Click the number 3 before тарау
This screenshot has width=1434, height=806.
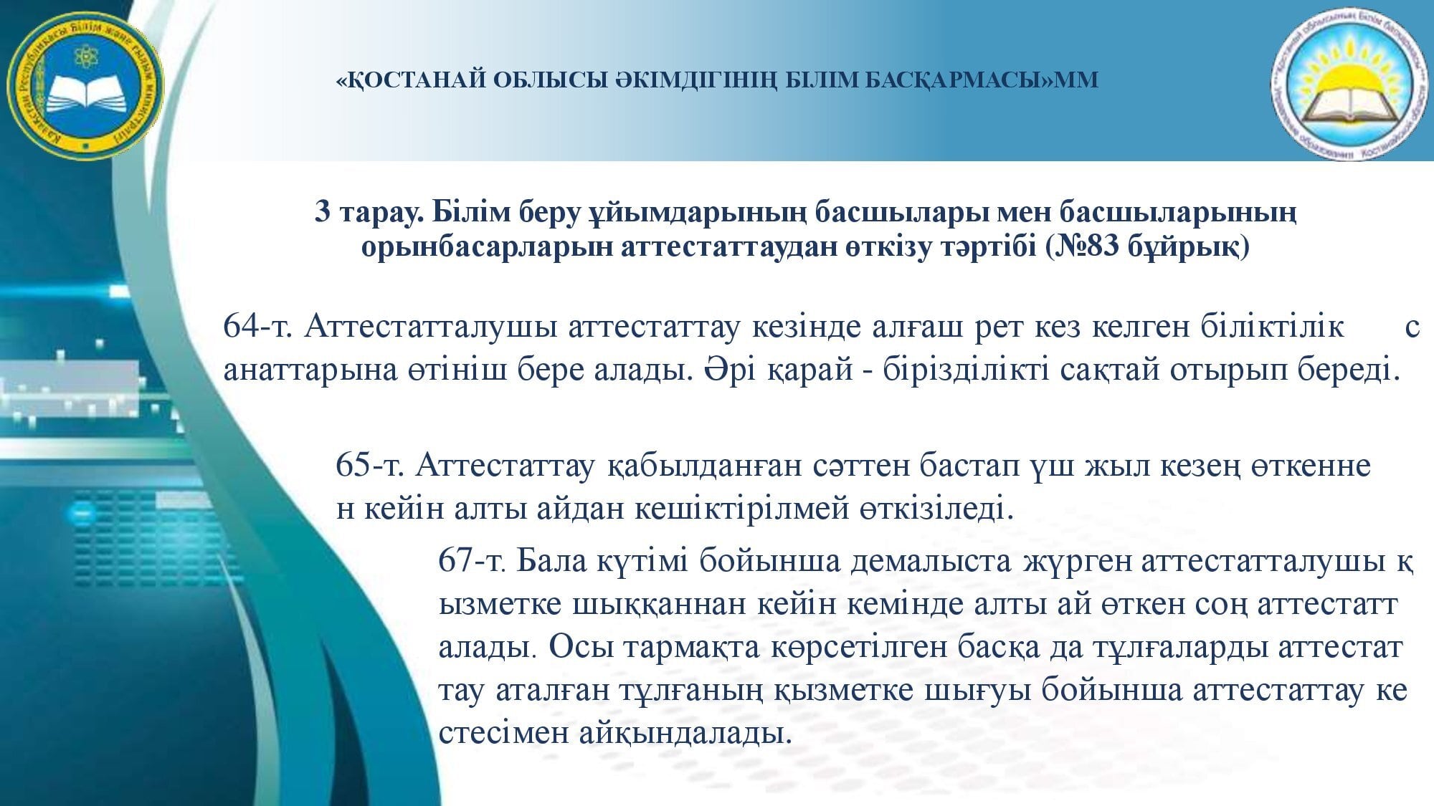(x=323, y=213)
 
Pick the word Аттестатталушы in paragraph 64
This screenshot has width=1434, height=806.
(x=430, y=327)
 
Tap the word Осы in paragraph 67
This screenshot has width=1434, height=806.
(x=583, y=648)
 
